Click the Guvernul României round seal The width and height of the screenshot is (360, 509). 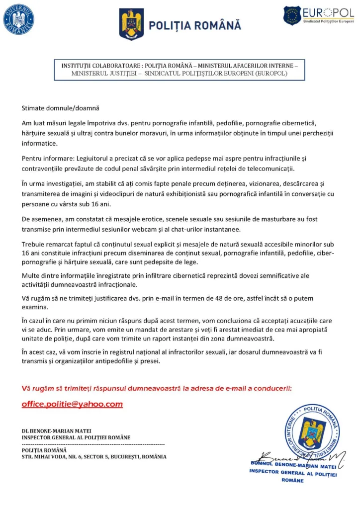coord(19,19)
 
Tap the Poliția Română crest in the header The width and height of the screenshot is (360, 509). coord(132,24)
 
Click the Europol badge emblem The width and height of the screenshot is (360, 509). coord(292,15)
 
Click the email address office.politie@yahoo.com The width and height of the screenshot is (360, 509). coord(72,404)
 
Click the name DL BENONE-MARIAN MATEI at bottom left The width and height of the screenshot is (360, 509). coord(56,430)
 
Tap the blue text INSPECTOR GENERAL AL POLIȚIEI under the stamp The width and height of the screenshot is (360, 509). coord(293,473)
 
